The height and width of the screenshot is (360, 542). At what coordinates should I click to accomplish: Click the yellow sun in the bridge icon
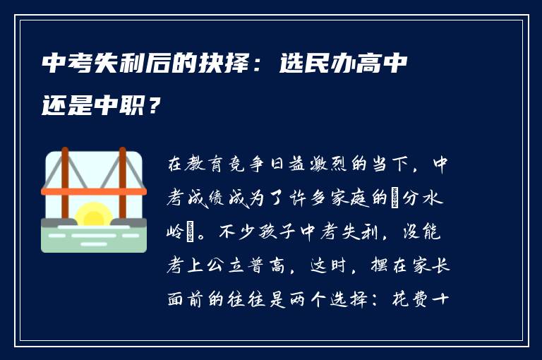pyautogui.click(x=93, y=215)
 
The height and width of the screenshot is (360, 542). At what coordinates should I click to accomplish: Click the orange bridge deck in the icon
pyautogui.click(x=93, y=191)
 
